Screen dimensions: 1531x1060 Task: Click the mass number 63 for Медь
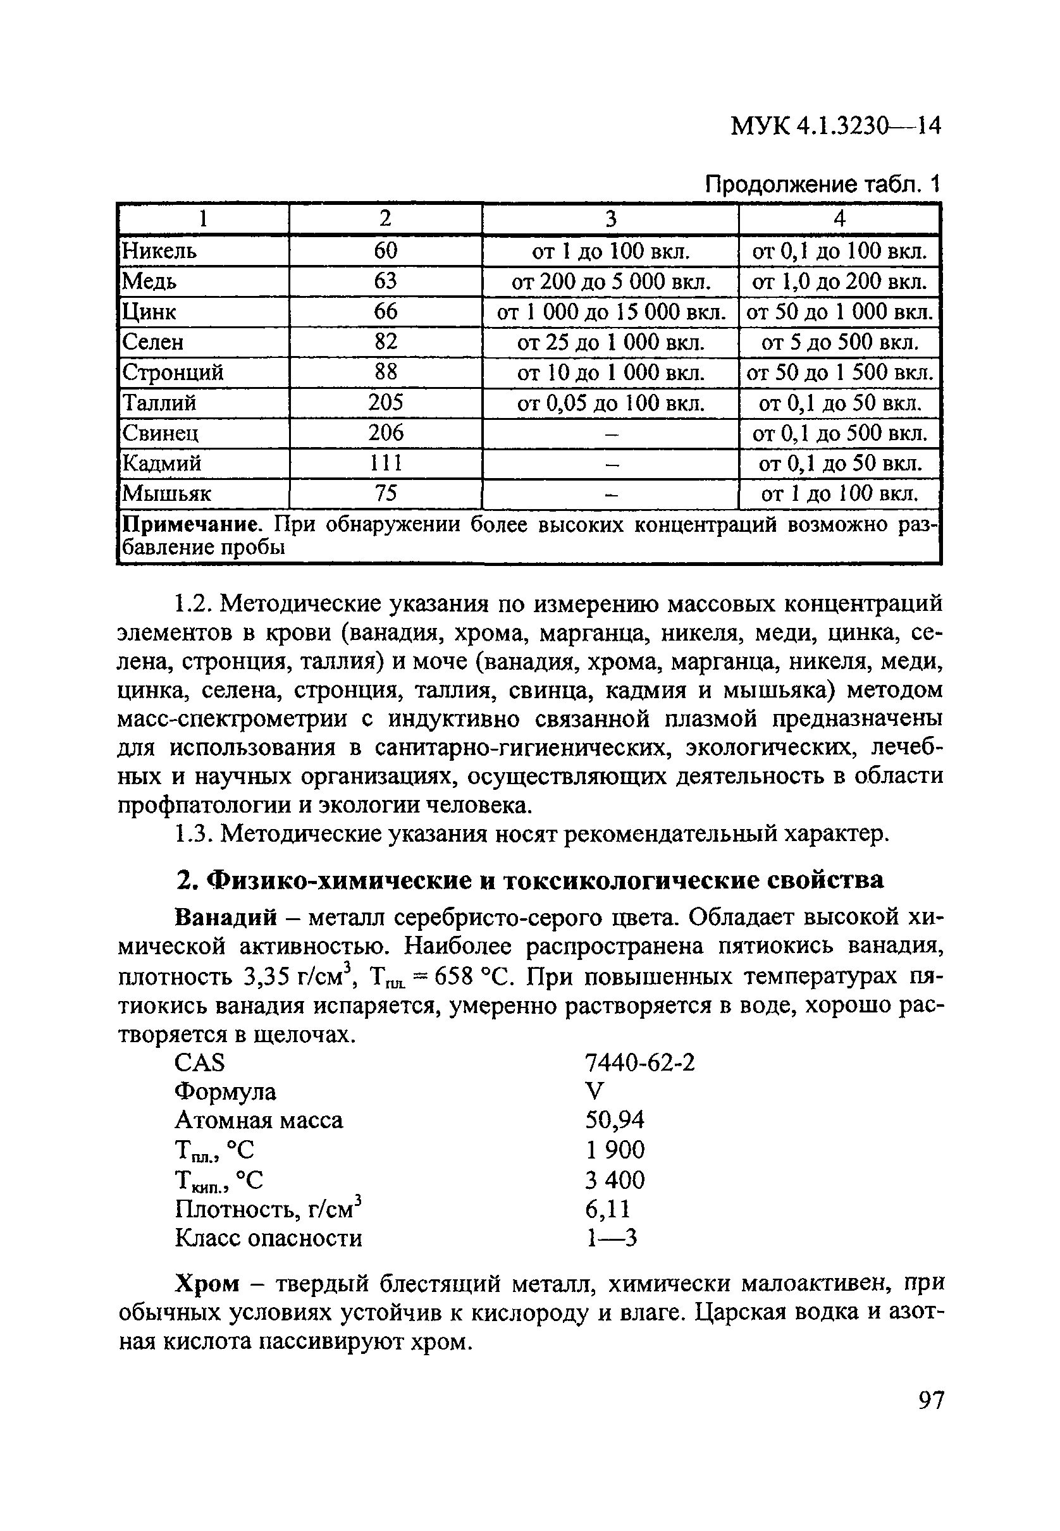(385, 281)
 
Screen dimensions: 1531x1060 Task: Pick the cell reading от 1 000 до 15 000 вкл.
(610, 311)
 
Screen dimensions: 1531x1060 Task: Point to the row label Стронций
(173, 372)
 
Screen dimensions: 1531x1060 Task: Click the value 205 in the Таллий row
(385, 402)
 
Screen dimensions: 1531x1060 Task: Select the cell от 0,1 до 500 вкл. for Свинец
(839, 434)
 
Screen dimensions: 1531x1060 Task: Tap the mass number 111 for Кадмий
(385, 463)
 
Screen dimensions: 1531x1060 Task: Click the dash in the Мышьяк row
(610, 494)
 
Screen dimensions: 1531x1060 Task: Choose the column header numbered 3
(610, 218)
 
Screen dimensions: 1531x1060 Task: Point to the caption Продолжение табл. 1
(823, 184)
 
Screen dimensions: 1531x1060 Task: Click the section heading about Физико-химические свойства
(529, 880)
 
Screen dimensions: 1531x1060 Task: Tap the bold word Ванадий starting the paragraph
(225, 918)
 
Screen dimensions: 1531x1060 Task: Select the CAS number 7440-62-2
(640, 1064)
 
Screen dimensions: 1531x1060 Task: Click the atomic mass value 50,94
(614, 1121)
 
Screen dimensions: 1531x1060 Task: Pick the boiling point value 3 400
(614, 1180)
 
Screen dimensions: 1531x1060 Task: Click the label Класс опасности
(268, 1238)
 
